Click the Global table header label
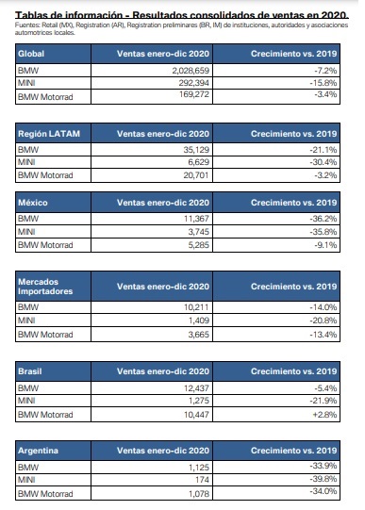point(32,54)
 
